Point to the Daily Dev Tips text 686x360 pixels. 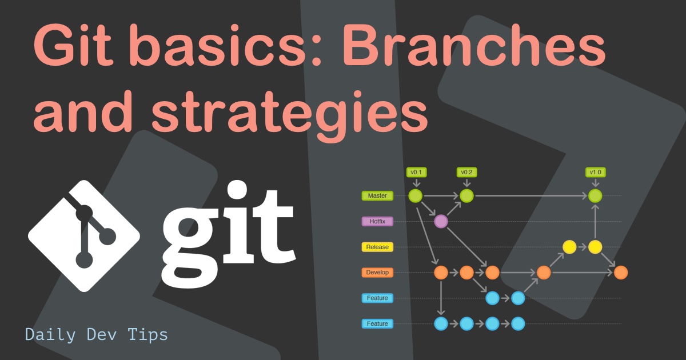point(97,334)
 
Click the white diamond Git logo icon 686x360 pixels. point(84,236)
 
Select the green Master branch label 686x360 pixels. point(377,196)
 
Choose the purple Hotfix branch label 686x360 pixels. point(377,222)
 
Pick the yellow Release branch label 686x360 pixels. point(377,247)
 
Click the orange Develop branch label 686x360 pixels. point(377,273)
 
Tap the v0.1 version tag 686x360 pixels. point(416,172)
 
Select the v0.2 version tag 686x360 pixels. point(467,172)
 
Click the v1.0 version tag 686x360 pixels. point(596,172)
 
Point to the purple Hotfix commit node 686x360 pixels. point(441,222)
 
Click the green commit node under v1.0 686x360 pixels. point(596,196)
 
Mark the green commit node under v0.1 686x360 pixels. point(416,196)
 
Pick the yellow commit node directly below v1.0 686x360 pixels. point(596,247)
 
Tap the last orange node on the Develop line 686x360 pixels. point(621,273)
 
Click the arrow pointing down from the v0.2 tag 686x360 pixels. point(467,183)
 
